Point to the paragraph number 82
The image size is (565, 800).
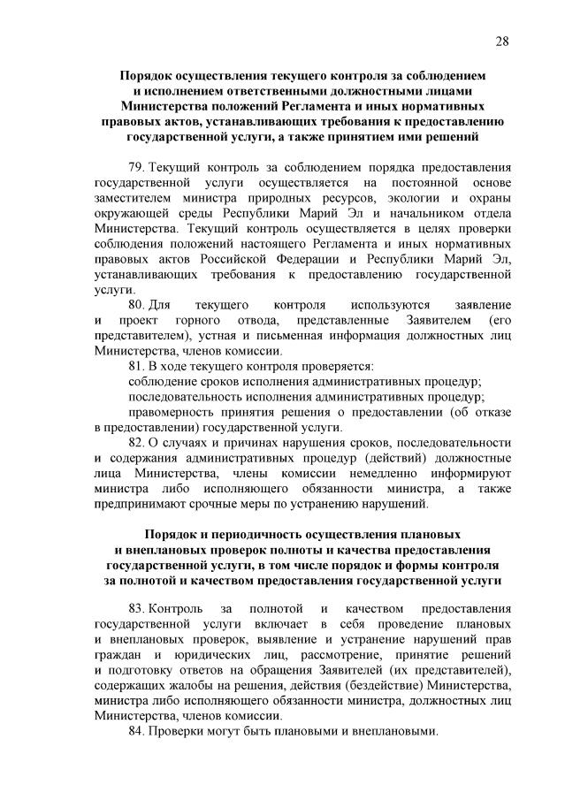point(137,442)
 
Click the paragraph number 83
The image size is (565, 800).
point(137,609)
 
